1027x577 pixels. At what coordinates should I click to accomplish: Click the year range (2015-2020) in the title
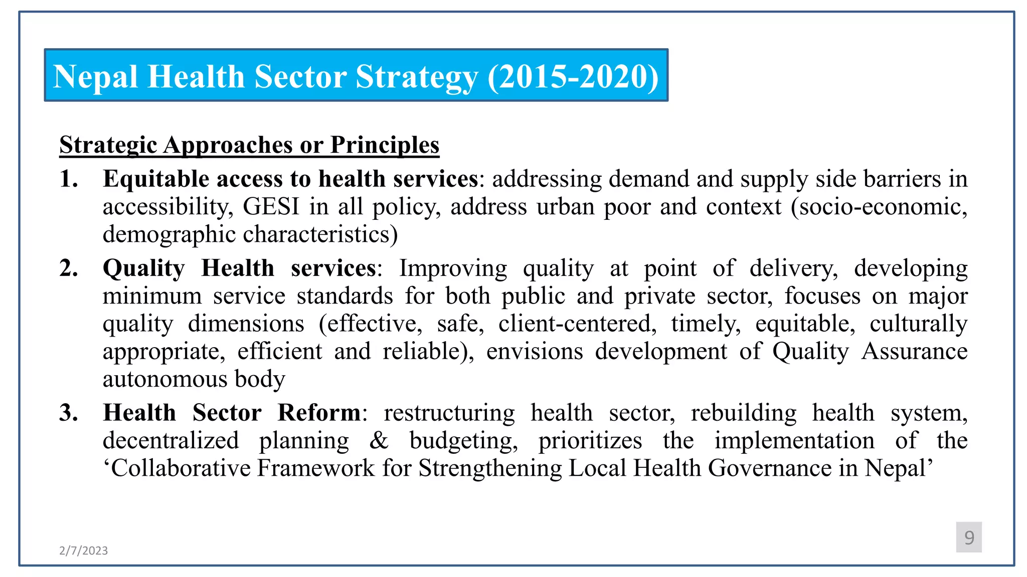[573, 77]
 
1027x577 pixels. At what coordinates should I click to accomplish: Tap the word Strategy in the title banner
[417, 77]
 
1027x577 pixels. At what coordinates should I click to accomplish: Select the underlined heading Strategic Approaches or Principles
[249, 145]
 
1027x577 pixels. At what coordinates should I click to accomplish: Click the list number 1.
[68, 179]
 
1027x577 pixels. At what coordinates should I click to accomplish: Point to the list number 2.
[69, 268]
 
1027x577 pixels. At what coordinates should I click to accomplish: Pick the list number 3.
[69, 413]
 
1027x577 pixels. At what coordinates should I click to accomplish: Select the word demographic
[169, 234]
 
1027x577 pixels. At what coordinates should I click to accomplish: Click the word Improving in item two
[453, 268]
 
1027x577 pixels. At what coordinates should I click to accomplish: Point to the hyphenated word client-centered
[577, 324]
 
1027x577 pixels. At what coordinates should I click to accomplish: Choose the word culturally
[918, 324]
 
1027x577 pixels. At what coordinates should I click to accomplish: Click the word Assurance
[914, 351]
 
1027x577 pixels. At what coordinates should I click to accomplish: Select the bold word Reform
[319, 413]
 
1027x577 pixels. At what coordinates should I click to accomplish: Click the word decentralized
[170, 441]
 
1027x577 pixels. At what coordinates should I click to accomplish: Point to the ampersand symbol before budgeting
[379, 441]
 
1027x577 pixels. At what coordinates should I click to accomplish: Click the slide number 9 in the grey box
[969, 537]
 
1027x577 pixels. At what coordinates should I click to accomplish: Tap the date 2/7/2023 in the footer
[83, 550]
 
